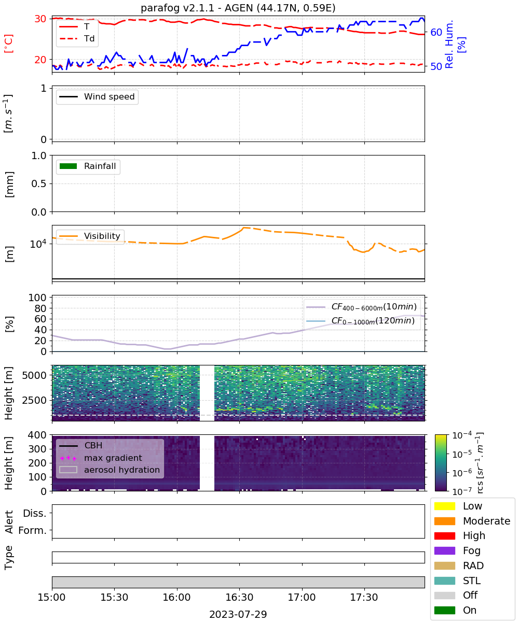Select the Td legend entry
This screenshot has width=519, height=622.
coord(77,39)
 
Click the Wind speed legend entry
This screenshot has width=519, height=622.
coord(97,96)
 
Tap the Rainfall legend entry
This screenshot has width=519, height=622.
coord(88,166)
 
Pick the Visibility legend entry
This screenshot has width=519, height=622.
coord(90,236)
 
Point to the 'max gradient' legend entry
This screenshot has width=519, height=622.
coord(101,458)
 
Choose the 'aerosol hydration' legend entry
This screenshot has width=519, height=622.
coord(110,470)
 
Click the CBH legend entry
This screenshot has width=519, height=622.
coord(81,445)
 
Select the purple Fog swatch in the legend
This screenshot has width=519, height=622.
coord(444,550)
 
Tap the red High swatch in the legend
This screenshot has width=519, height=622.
coord(444,535)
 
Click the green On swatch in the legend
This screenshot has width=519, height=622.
coord(444,610)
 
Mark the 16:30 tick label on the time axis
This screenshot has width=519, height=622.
coord(239,597)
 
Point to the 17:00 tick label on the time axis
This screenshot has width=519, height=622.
coord(302,597)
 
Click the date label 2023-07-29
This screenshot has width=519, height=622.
coord(238,614)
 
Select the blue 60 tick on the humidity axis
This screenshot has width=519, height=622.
coord(436,32)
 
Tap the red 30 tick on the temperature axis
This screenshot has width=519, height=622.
coord(40,19)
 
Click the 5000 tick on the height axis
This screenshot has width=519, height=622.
coord(34,375)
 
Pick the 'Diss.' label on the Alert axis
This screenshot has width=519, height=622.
coord(35,513)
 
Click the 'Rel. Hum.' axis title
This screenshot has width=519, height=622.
coord(449,44)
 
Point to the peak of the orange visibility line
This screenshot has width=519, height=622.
coord(244,228)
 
